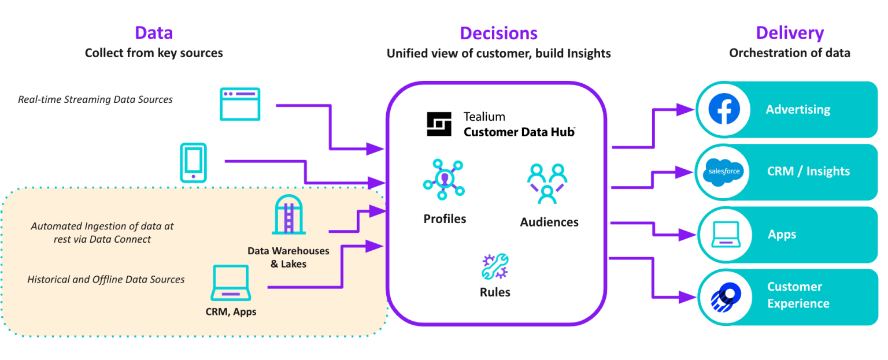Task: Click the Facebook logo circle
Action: [x=724, y=109]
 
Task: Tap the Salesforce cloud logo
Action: [x=724, y=172]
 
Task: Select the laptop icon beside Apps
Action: [x=724, y=234]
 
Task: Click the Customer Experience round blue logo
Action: [x=724, y=296]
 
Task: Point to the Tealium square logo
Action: [x=439, y=124]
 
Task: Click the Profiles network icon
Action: [x=443, y=180]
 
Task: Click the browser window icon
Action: [x=240, y=104]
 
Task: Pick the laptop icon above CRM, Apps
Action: [x=231, y=283]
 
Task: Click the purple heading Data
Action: [x=154, y=33]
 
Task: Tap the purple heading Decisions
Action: [x=498, y=34]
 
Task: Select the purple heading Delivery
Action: [x=789, y=33]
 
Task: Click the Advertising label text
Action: [x=798, y=109]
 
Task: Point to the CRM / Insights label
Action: [x=808, y=172]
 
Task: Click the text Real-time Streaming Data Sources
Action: [x=95, y=99]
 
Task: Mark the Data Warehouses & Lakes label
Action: [x=288, y=257]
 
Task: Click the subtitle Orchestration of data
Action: [x=789, y=53]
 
